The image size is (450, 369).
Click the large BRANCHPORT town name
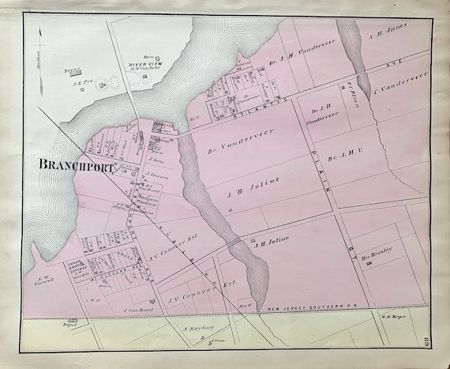[77, 167]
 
